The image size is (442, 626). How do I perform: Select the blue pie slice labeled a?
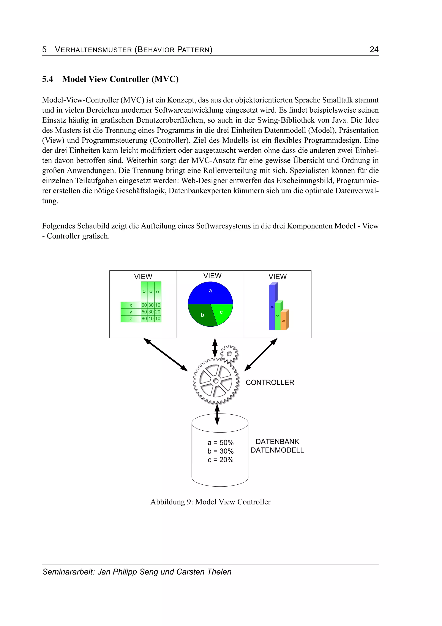210,293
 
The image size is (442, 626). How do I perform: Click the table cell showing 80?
144,318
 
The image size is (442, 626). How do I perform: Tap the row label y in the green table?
131,312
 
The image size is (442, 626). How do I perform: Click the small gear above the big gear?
229,354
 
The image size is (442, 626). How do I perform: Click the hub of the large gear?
216,381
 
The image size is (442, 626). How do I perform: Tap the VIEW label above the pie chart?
212,276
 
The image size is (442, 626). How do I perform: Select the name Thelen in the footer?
219,572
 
